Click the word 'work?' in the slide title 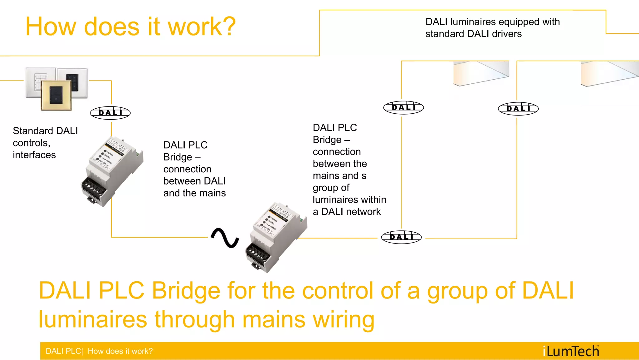coord(202,27)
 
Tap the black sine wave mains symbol coord(225,238)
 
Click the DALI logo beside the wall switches coord(110,113)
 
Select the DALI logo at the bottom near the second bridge coord(401,237)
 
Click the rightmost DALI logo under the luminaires coord(518,109)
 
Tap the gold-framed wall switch coord(56,95)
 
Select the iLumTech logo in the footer coord(571,351)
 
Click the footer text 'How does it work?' coord(120,351)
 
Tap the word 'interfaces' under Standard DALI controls coord(34,155)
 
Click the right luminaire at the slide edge coord(610,74)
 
